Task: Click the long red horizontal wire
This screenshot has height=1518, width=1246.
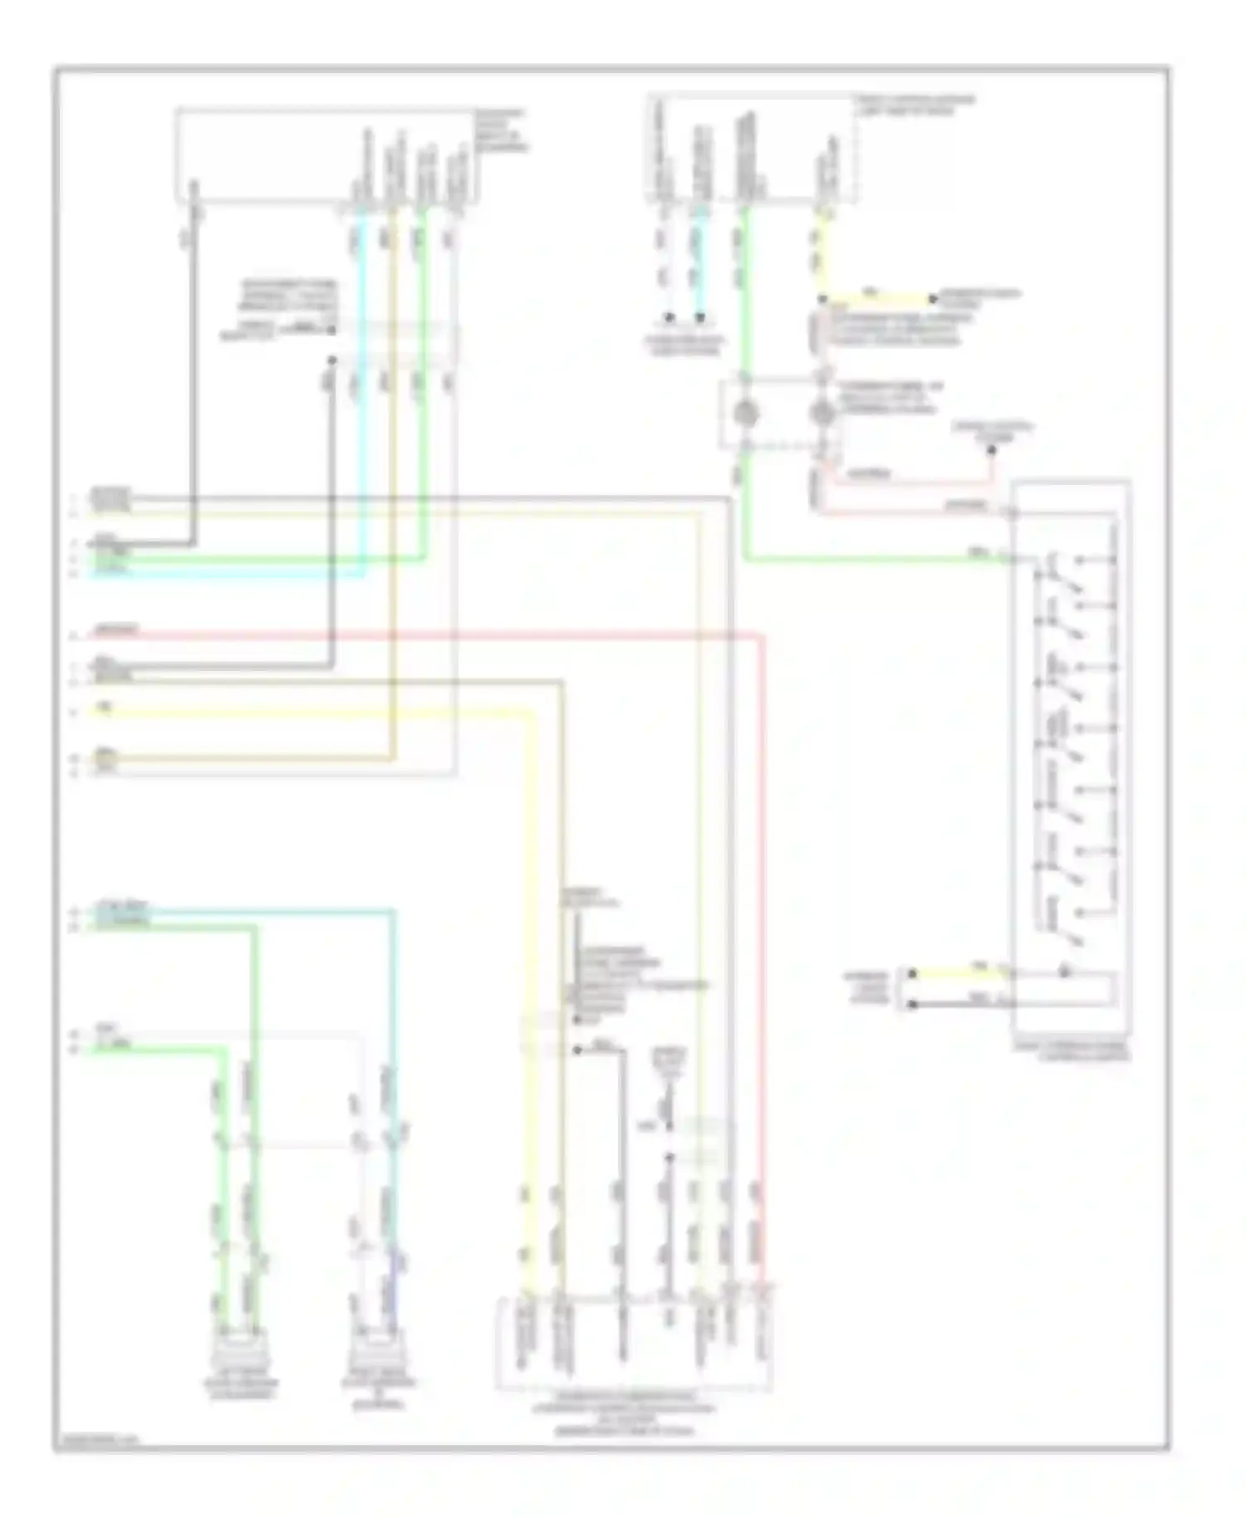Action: pos(415,637)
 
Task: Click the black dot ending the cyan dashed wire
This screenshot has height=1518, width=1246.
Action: pos(700,317)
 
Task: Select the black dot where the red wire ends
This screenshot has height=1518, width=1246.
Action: pos(991,451)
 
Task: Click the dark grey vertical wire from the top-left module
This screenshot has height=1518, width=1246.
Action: pos(194,374)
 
